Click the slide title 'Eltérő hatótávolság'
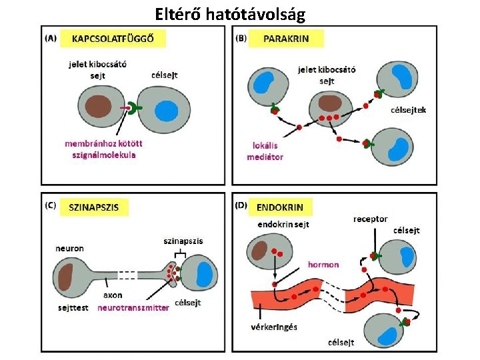pyautogui.click(x=239, y=13)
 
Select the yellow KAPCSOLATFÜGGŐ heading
pyautogui.click(x=113, y=38)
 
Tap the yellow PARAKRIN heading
pyautogui.click(x=287, y=38)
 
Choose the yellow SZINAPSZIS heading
pyautogui.click(x=94, y=207)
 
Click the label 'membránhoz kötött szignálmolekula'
pyautogui.click(x=100, y=149)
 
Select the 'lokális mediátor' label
pyautogui.click(x=265, y=151)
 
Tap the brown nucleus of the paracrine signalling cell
pyautogui.click(x=329, y=103)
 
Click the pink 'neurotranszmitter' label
pyautogui.click(x=133, y=309)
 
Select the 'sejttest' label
pyautogui.click(x=73, y=309)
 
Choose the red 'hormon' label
pyautogui.click(x=323, y=265)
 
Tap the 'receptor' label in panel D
pyautogui.click(x=370, y=219)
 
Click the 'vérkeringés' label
pyautogui.click(x=274, y=327)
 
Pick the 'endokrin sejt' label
pyautogui.click(x=283, y=225)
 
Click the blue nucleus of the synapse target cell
pyautogui.click(x=205, y=274)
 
